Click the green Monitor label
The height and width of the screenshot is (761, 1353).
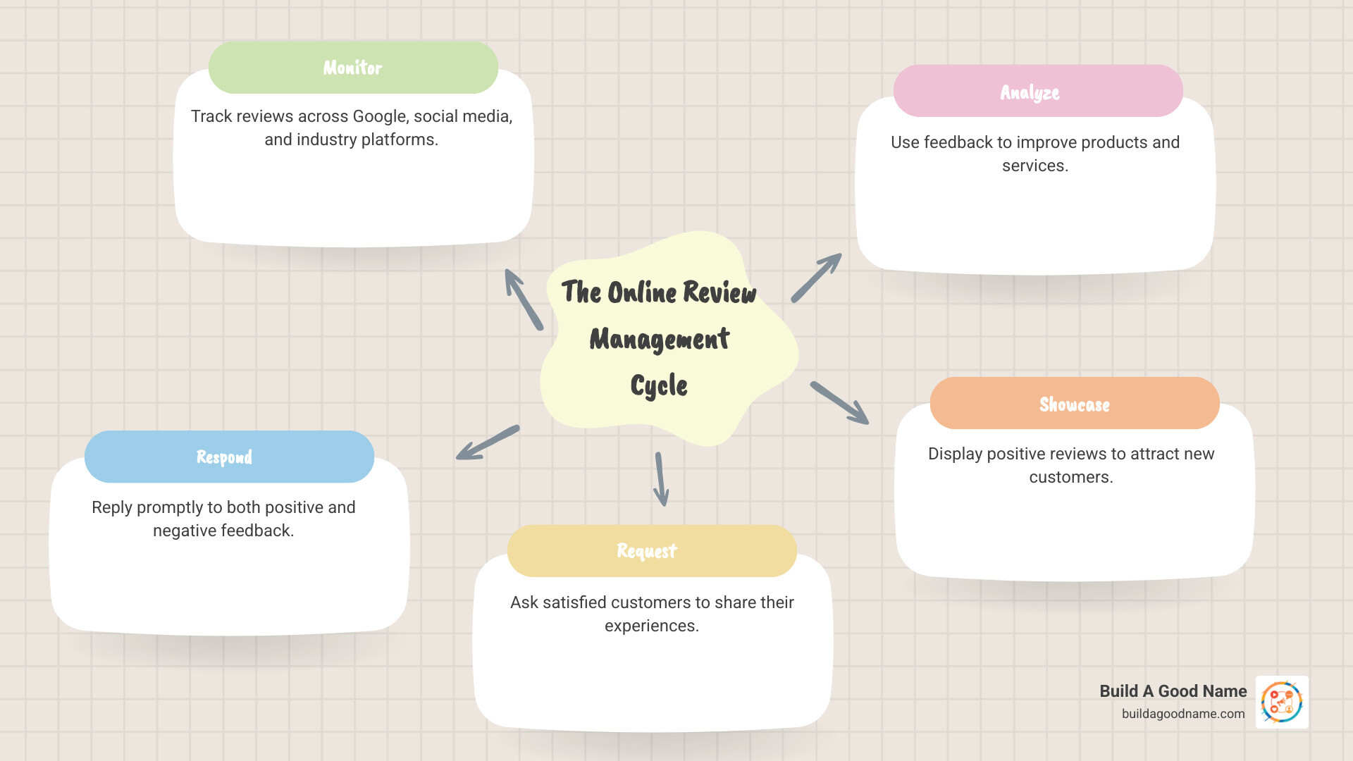(353, 68)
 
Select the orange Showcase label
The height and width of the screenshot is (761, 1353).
(1074, 404)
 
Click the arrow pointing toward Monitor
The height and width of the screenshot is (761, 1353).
(523, 299)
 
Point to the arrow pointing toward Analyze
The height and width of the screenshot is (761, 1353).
(817, 277)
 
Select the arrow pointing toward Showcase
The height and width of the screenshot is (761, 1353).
(840, 403)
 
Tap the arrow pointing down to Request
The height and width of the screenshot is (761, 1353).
(661, 479)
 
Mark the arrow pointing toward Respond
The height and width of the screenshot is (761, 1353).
(487, 443)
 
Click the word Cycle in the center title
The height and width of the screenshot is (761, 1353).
(659, 385)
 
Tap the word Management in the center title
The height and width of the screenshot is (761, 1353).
(660, 340)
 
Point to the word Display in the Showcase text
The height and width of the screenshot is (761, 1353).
(955, 454)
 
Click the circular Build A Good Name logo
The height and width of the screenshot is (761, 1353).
(1282, 702)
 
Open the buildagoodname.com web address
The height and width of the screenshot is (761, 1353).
(1183, 714)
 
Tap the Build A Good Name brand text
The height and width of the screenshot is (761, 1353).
(1173, 691)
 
